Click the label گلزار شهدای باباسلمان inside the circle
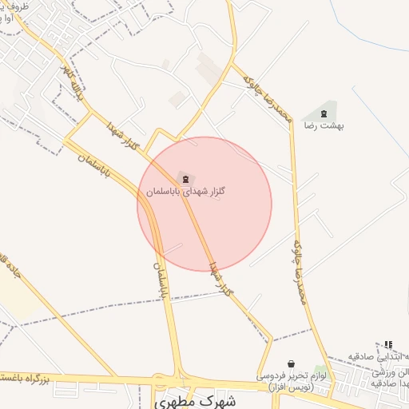(x=185, y=193)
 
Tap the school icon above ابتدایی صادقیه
(x=388, y=344)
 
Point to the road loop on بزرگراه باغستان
(x=164, y=382)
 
